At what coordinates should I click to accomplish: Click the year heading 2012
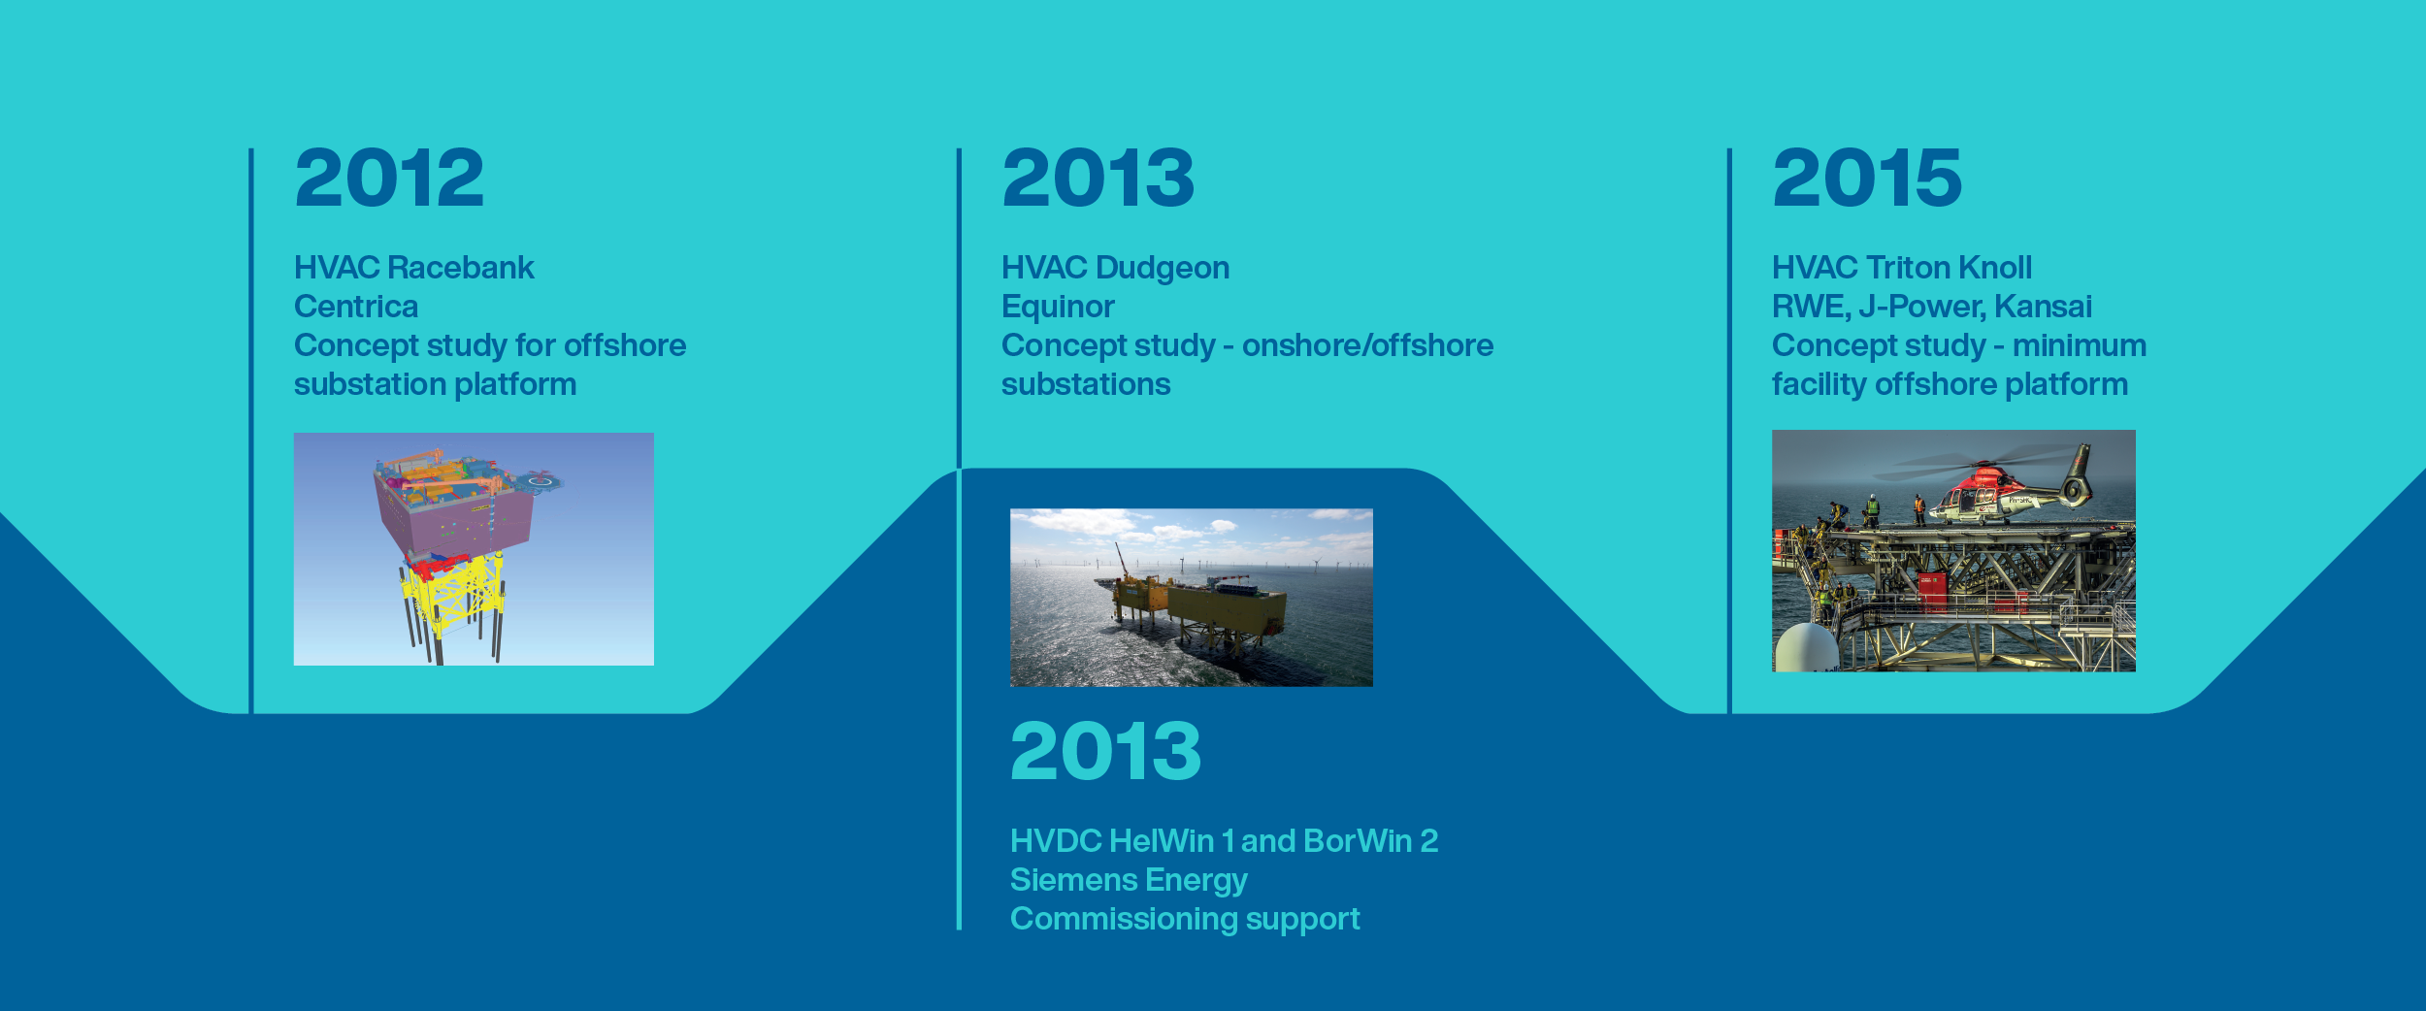[389, 179]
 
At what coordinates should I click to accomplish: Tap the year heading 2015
[1867, 179]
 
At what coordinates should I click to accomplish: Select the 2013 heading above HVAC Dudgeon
[1098, 179]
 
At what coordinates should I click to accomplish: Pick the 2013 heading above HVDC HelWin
[1105, 751]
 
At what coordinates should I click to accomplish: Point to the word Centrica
[356, 307]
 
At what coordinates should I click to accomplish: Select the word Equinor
[1058, 308]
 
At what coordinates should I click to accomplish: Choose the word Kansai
[2044, 307]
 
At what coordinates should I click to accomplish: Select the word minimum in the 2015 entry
[2079, 345]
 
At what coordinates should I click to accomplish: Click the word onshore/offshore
[1367, 345]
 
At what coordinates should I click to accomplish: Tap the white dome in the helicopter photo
[1806, 647]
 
